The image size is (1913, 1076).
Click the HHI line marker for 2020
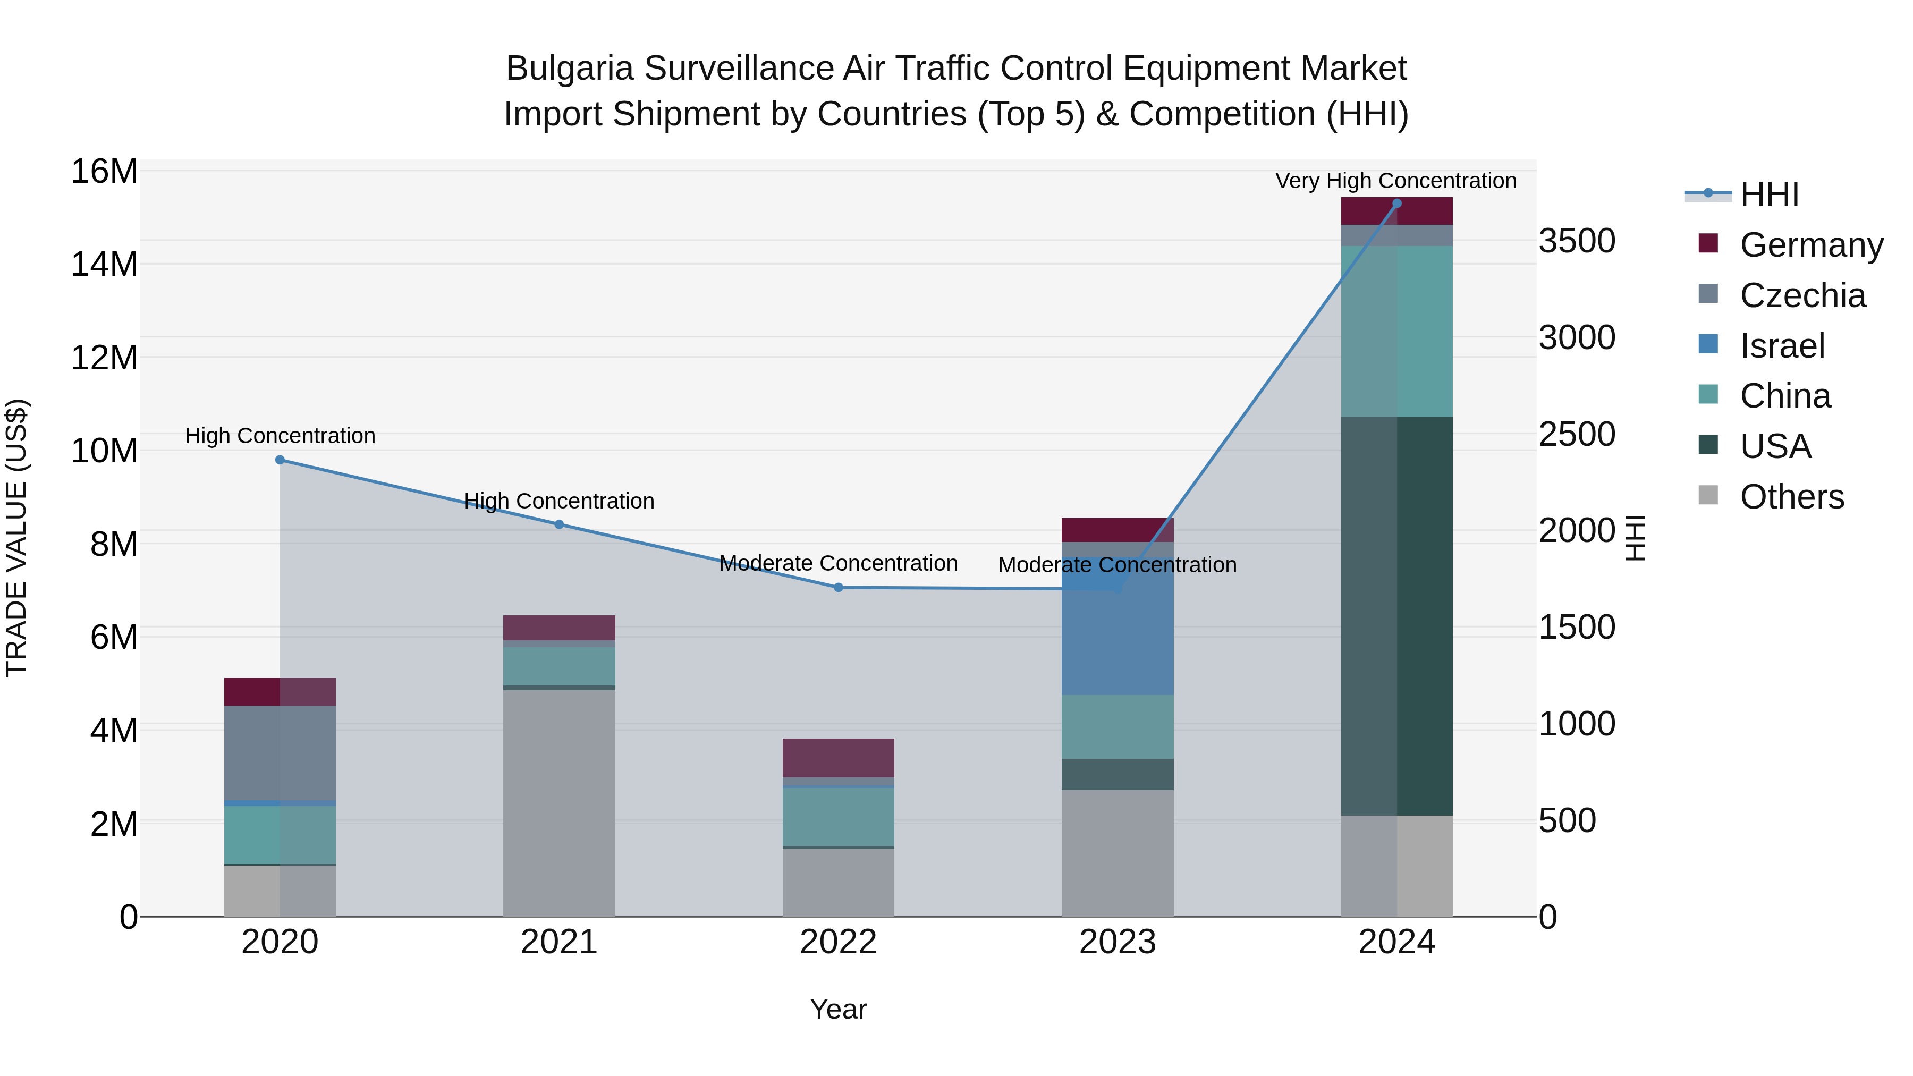pyautogui.click(x=280, y=460)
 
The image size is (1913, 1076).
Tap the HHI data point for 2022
pyautogui.click(x=839, y=587)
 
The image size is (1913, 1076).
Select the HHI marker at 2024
pyautogui.click(x=1397, y=203)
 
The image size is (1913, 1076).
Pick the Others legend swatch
pyautogui.click(x=1708, y=495)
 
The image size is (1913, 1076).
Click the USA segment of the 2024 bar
pyautogui.click(x=1397, y=616)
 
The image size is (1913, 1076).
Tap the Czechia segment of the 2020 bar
pyautogui.click(x=280, y=752)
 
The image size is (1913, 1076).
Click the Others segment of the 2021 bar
pyautogui.click(x=559, y=802)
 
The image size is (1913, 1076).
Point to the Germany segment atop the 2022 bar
pyautogui.click(x=839, y=757)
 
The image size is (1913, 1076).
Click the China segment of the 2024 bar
pyautogui.click(x=1397, y=331)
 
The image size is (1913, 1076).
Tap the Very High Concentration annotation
pyautogui.click(x=1395, y=181)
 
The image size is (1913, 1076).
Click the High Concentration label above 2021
pyautogui.click(x=559, y=501)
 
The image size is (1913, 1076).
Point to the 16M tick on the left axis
pyautogui.click(x=104, y=172)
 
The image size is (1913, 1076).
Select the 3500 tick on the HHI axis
pyautogui.click(x=1577, y=241)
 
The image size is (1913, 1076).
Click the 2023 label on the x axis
pyautogui.click(x=1118, y=942)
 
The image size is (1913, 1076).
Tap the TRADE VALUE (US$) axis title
pyautogui.click(x=17, y=538)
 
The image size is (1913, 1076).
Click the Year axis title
pyautogui.click(x=839, y=1009)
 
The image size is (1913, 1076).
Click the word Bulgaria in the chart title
pyautogui.click(x=570, y=69)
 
